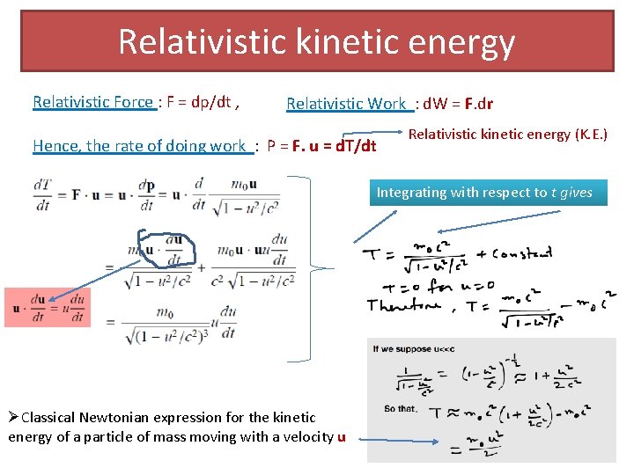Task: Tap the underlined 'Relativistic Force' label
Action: pos(93,102)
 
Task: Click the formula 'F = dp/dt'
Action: pos(203,102)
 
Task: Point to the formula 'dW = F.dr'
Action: pos(458,104)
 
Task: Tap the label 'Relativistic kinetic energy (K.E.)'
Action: pos(508,135)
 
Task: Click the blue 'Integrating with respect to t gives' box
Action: pos(488,193)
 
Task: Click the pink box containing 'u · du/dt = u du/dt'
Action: pos(48,307)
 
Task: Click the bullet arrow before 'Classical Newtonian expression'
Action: pos(13,417)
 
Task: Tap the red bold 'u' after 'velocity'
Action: pos(341,437)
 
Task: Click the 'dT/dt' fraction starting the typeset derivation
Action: pos(41,194)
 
